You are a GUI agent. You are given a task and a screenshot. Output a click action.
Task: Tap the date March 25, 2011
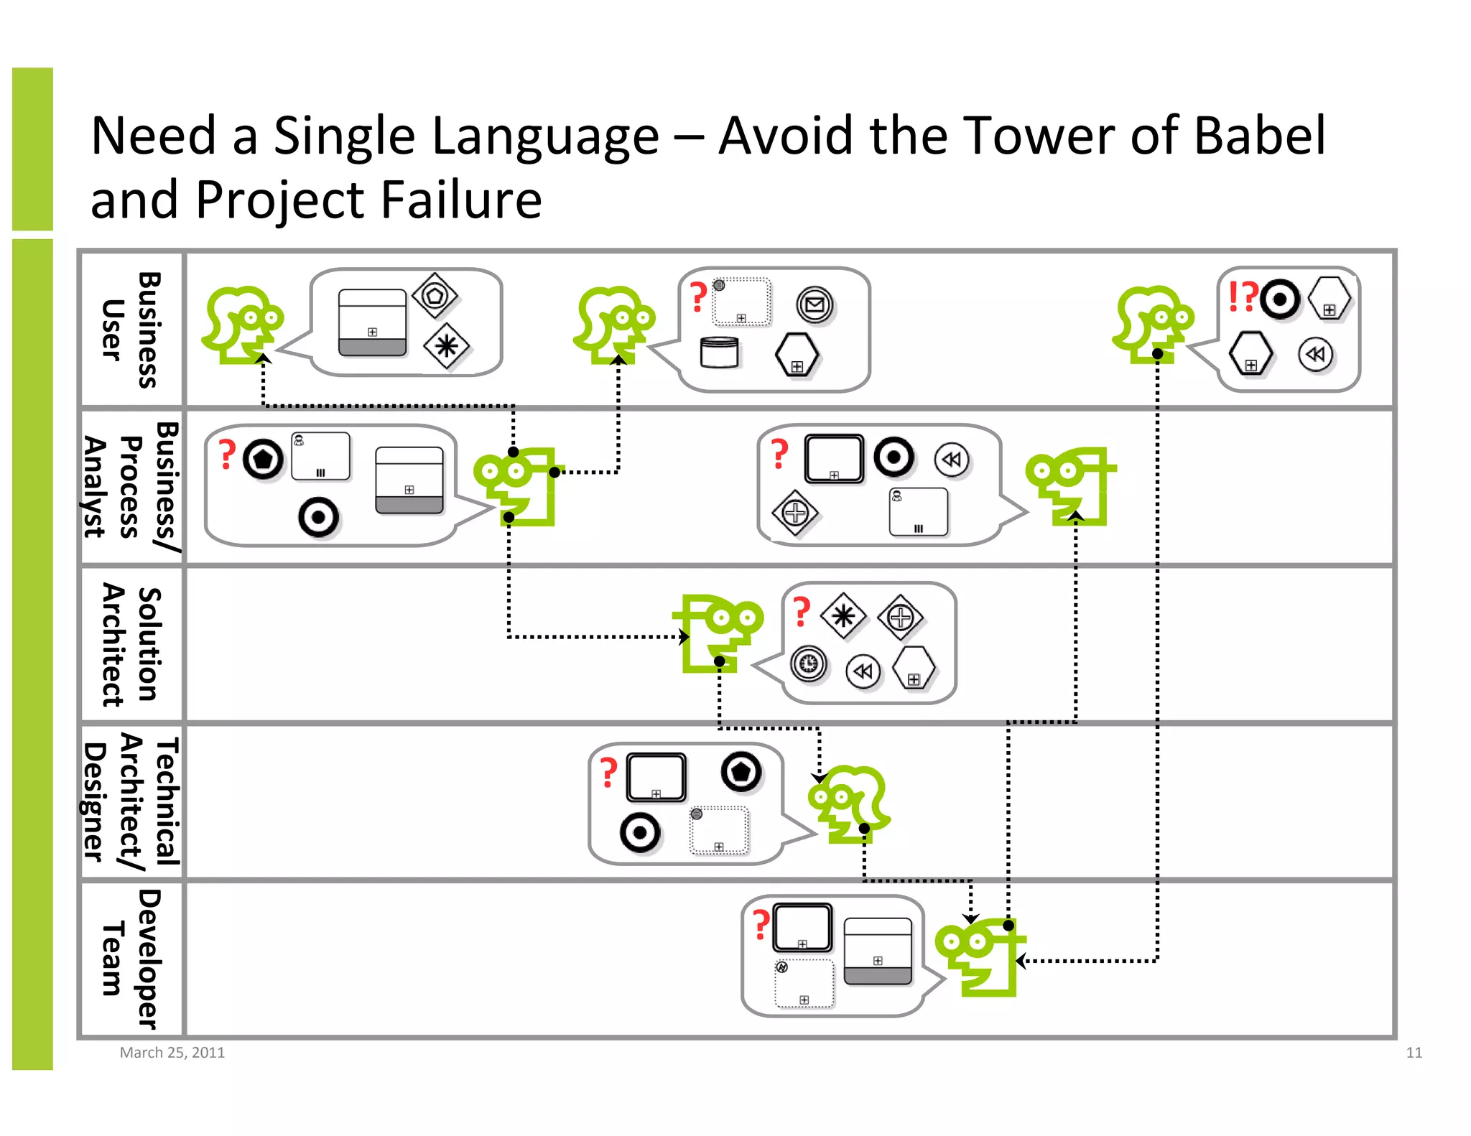pos(172,1052)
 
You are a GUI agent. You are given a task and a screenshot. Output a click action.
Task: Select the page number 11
pos(1414,1052)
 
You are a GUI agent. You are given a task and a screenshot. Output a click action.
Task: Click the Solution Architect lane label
pos(131,644)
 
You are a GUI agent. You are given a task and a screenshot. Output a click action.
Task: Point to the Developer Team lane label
pos(131,959)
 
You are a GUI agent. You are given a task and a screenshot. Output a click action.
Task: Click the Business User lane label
pos(131,330)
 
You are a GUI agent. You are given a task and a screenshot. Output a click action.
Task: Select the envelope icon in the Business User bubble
pos(814,305)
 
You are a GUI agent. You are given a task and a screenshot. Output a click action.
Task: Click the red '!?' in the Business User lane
pos(1243,296)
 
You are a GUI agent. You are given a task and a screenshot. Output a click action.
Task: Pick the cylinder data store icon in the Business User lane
pos(719,353)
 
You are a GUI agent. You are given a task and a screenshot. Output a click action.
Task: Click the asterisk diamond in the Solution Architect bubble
pos(843,616)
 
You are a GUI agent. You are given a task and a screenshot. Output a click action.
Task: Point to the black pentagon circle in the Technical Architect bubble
pos(741,772)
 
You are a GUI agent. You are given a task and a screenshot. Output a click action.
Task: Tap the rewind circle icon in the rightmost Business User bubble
pos(1315,354)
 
